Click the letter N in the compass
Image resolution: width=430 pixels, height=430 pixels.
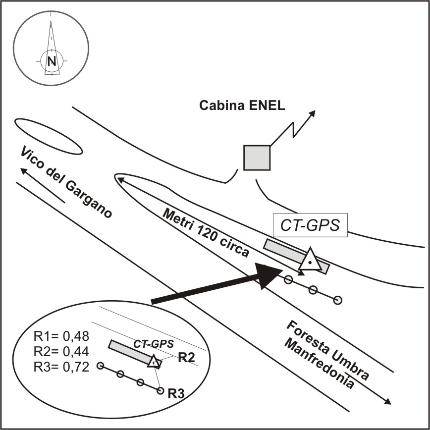click(52, 61)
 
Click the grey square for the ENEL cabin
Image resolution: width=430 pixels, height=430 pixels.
click(257, 158)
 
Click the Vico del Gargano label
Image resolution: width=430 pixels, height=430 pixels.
click(67, 182)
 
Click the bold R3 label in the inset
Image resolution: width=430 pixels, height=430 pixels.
click(177, 394)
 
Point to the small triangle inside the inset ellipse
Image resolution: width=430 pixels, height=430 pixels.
click(155, 362)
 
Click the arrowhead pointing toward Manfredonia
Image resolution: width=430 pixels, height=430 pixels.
click(389, 401)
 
